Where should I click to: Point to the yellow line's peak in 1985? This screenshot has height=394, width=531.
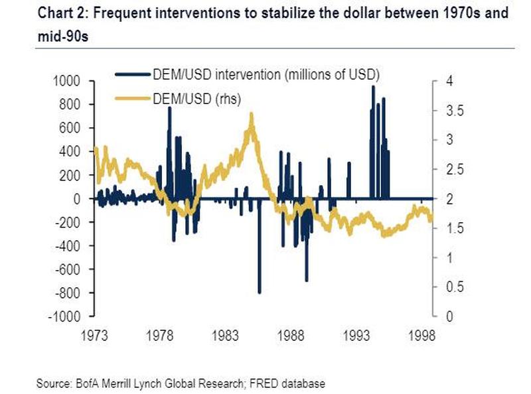click(x=251, y=114)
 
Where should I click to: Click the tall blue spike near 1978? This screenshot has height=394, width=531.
click(x=170, y=108)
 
